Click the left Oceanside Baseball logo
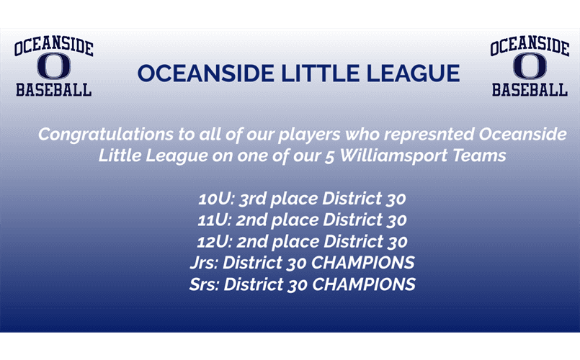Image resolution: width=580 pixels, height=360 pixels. click(54, 68)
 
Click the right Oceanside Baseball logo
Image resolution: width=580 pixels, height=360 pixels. click(530, 68)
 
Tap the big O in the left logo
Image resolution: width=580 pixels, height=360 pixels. click(54, 67)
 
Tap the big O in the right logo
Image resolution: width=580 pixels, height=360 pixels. click(530, 67)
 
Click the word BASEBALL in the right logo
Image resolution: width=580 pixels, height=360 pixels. click(530, 90)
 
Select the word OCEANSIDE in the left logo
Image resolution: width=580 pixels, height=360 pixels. click(54, 48)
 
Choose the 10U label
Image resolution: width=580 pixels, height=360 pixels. click(212, 198)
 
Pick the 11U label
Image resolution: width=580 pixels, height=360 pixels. click(212, 220)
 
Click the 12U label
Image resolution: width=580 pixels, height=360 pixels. click(212, 241)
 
